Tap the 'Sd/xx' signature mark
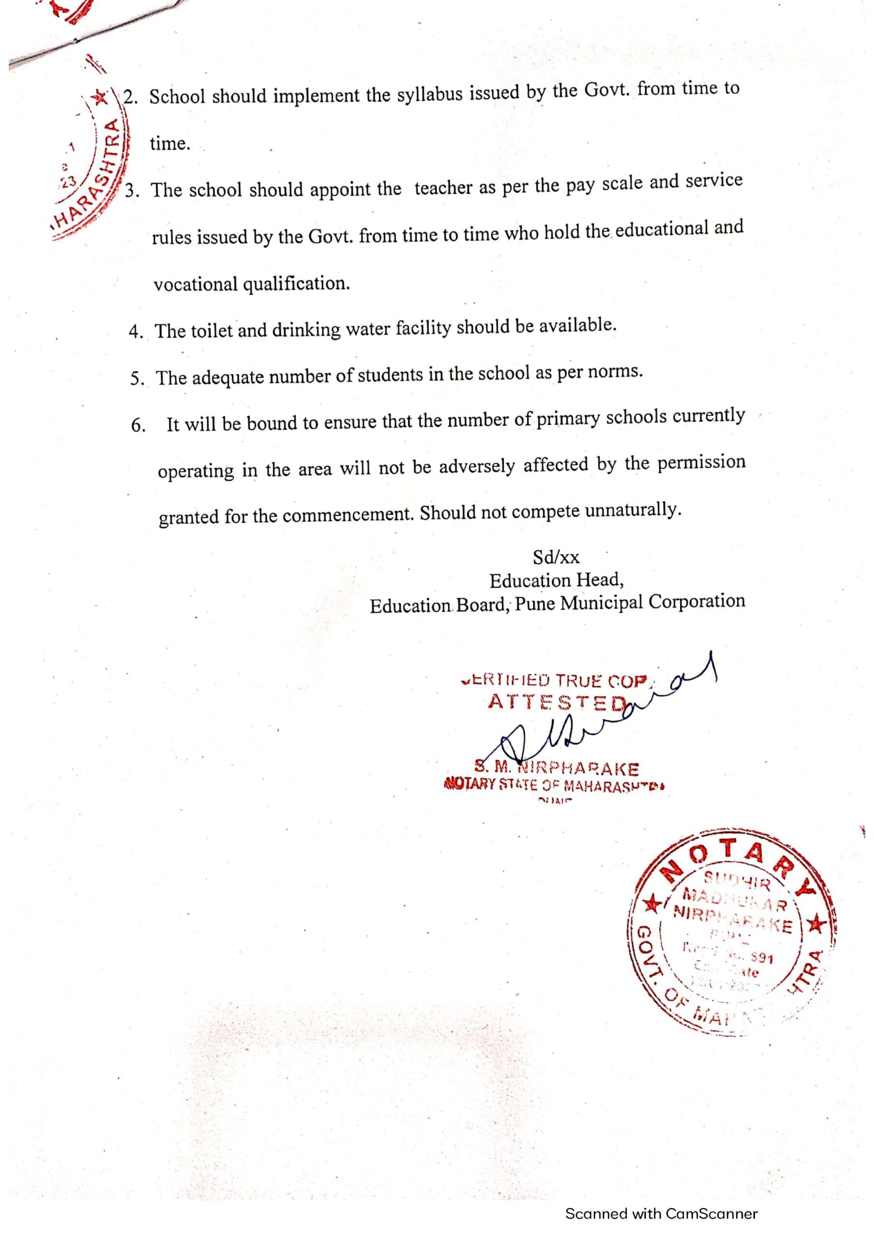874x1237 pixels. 556,557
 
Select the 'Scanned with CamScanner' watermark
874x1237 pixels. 661,1213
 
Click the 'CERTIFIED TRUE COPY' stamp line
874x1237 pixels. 555,681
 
